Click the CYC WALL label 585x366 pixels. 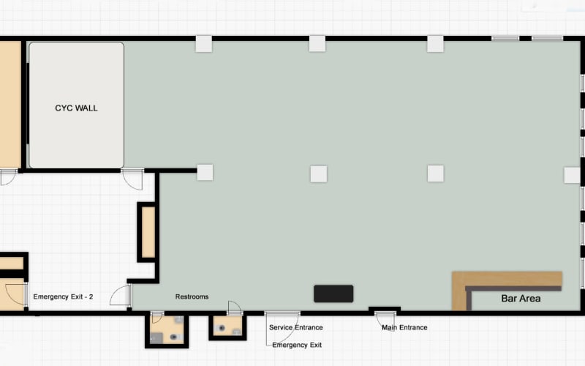(x=76, y=108)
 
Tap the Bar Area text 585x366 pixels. (x=521, y=299)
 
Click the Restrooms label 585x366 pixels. (x=192, y=296)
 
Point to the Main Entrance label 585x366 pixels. (x=404, y=327)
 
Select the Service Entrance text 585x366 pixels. (x=296, y=327)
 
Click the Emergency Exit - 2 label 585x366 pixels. (x=63, y=296)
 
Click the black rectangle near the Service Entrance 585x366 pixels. (x=333, y=294)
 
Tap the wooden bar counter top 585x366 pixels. (x=507, y=280)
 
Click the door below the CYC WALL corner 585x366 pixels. (x=133, y=179)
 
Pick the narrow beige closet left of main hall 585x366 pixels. (x=148, y=232)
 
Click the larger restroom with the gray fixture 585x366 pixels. (x=167, y=329)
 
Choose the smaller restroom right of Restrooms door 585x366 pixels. (x=227, y=326)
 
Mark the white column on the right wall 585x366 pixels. (x=572, y=175)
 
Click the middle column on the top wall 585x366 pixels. (x=317, y=44)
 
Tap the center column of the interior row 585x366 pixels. (x=319, y=174)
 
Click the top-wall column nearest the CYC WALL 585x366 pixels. (x=204, y=44)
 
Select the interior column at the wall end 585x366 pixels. (x=205, y=173)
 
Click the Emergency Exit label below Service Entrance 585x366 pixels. (x=297, y=345)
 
